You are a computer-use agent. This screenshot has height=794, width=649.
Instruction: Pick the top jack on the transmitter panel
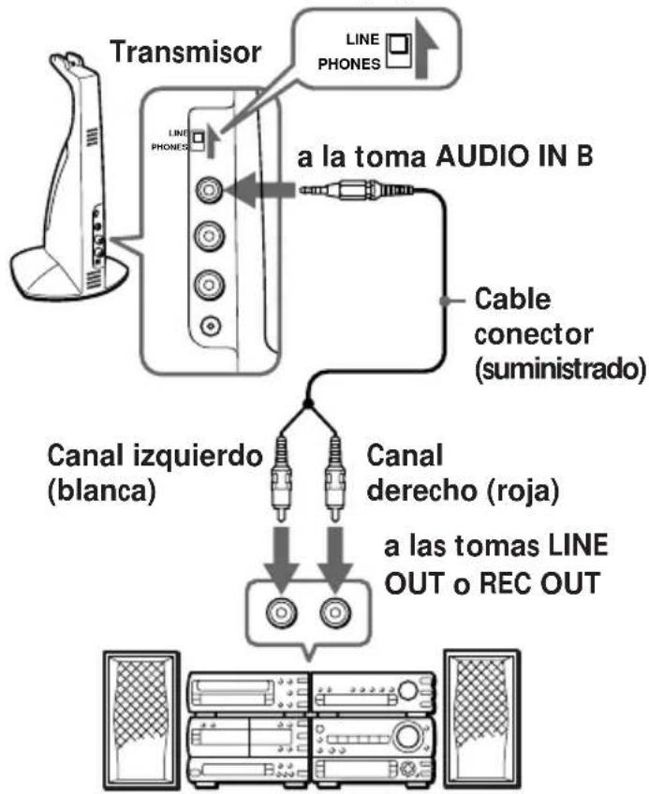(206, 190)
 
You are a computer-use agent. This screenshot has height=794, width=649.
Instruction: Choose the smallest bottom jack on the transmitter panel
(206, 327)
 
